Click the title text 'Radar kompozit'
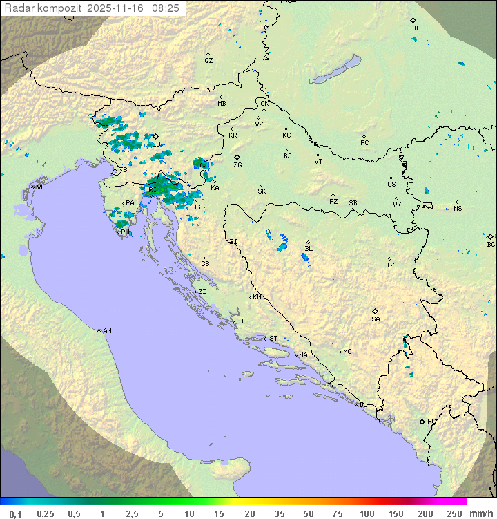click(x=43, y=8)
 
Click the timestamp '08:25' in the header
click(x=166, y=8)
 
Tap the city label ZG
click(x=237, y=165)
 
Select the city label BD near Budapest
click(x=413, y=28)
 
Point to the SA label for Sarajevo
click(x=376, y=319)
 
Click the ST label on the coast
click(x=273, y=339)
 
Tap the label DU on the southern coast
click(x=362, y=405)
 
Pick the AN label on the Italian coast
click(x=107, y=331)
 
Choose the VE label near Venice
click(x=41, y=187)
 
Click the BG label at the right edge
click(x=491, y=244)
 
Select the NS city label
click(x=458, y=208)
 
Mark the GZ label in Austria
click(x=208, y=60)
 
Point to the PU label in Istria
click(x=125, y=232)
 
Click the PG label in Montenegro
click(x=431, y=421)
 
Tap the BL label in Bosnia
click(x=309, y=249)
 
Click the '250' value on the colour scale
click(x=454, y=513)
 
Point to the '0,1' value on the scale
click(x=16, y=513)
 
